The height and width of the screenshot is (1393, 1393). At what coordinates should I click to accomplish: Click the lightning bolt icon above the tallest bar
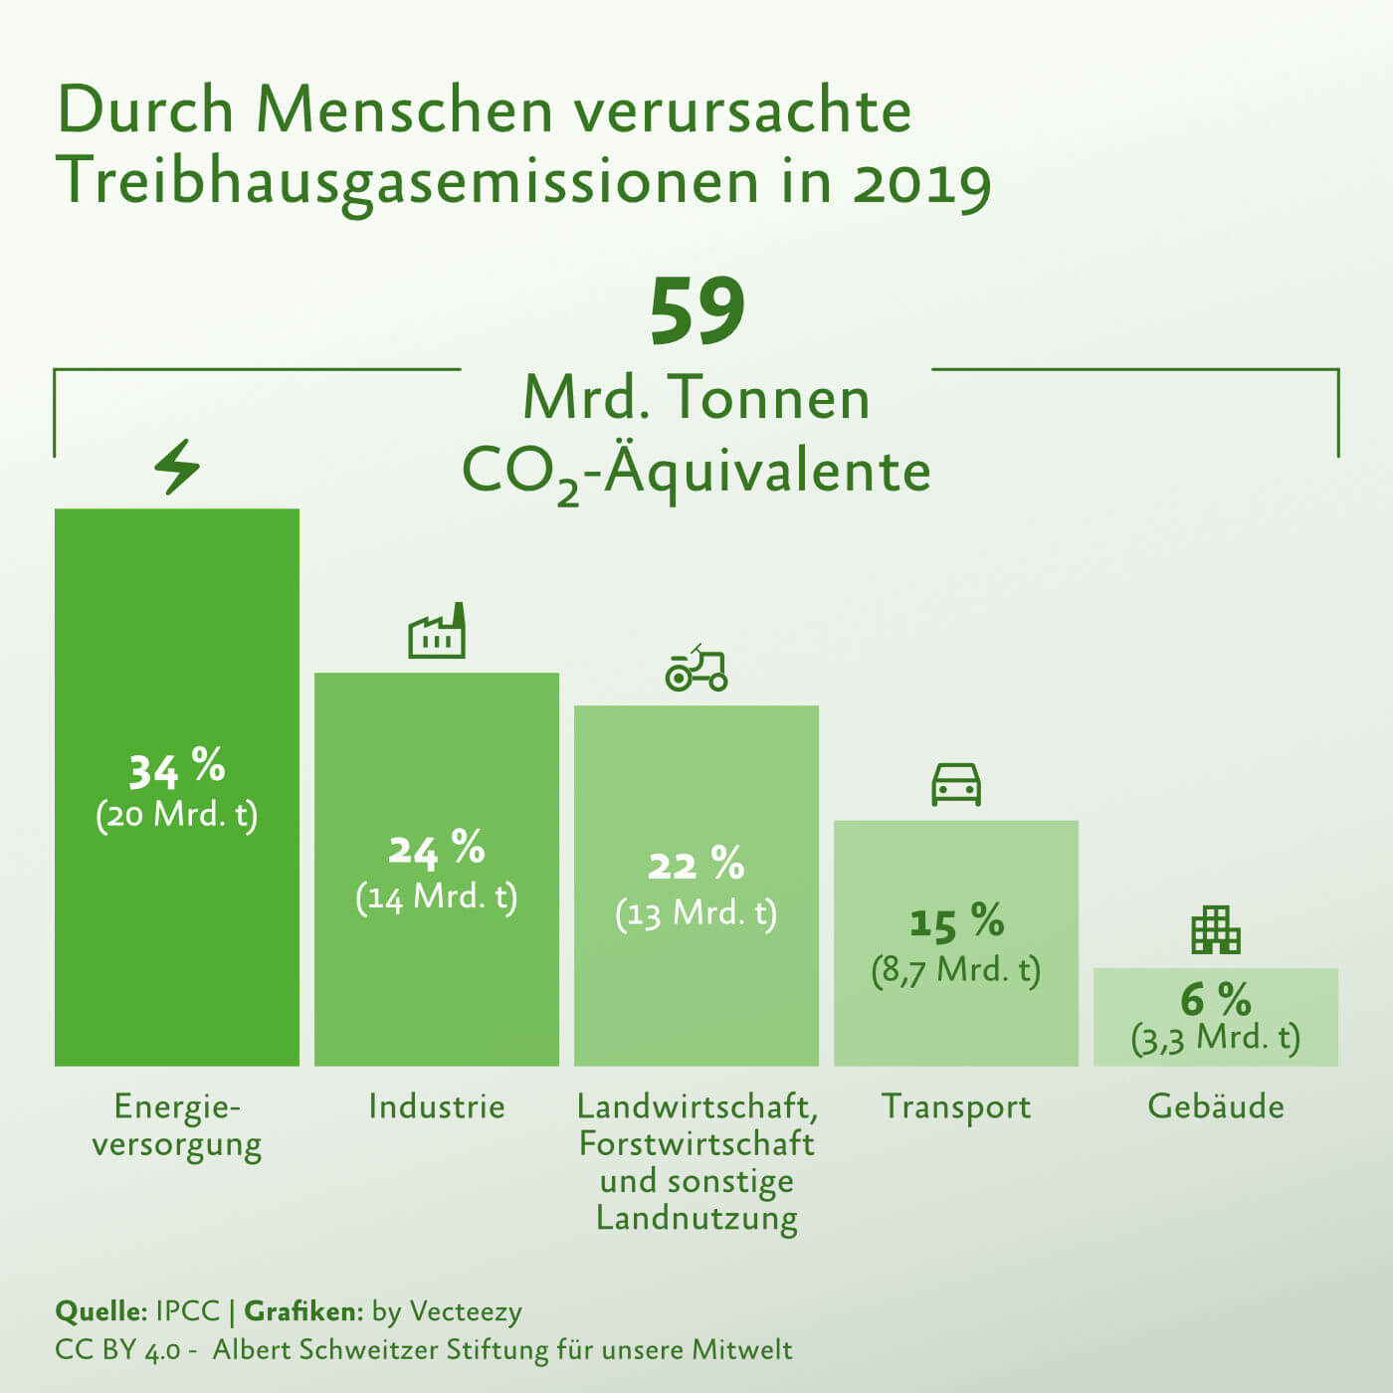[x=177, y=467]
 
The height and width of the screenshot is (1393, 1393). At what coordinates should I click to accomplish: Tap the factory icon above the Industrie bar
[x=437, y=631]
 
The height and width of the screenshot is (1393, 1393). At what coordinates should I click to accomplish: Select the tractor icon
[x=696, y=668]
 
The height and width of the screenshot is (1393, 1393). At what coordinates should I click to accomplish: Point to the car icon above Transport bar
[x=956, y=784]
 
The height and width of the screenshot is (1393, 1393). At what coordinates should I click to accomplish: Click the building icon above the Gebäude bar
[x=1216, y=929]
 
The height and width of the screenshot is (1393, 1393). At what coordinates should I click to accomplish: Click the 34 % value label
[x=177, y=768]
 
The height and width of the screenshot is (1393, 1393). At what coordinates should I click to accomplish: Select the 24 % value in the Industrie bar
[x=437, y=849]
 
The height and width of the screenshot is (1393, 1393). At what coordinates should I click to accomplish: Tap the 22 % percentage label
[x=696, y=864]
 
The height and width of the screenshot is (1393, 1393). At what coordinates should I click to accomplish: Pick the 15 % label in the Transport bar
[x=956, y=922]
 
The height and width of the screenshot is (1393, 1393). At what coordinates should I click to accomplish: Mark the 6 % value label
[x=1216, y=998]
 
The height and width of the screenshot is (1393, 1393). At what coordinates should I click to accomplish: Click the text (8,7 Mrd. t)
[x=956, y=970]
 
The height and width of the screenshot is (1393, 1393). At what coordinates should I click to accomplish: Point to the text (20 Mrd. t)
[x=177, y=815]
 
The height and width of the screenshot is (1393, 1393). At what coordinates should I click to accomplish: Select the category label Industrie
[x=437, y=1106]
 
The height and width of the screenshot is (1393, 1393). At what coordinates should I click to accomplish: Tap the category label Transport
[x=956, y=1106]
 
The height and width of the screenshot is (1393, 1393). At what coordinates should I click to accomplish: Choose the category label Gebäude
[x=1216, y=1106]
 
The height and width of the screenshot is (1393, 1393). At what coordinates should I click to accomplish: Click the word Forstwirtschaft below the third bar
[x=696, y=1143]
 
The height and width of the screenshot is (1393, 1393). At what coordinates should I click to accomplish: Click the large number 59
[x=696, y=311]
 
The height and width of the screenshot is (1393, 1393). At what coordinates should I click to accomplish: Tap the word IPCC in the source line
[x=187, y=1310]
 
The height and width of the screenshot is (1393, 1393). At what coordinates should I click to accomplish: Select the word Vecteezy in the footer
[x=466, y=1311]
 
